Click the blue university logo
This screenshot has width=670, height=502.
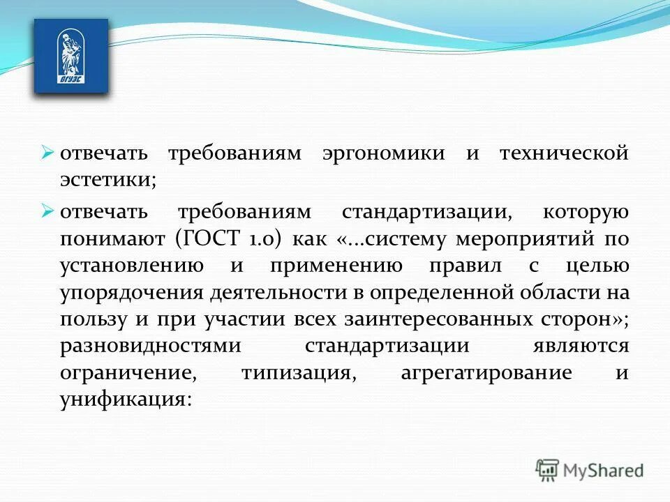pyautogui.click(x=71, y=56)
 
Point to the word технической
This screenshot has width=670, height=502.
pyautogui.click(x=564, y=153)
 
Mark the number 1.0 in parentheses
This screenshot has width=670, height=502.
pyautogui.click(x=261, y=239)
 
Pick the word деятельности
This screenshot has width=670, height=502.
pyautogui.click(x=261, y=293)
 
